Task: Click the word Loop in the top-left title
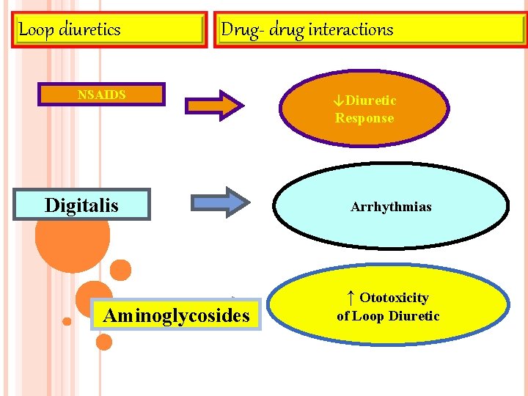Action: (34, 29)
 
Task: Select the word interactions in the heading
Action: (351, 29)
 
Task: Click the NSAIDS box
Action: (101, 95)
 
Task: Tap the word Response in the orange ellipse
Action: (364, 118)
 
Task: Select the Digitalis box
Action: (81, 205)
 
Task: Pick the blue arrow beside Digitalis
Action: (220, 202)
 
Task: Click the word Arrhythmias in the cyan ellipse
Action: (391, 207)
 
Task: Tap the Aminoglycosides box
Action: (176, 315)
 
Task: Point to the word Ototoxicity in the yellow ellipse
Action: (394, 298)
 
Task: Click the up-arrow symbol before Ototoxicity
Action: (351, 297)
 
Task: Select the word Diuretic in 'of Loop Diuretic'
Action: (414, 316)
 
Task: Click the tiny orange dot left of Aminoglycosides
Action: (67, 321)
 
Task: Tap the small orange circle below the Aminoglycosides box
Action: (104, 342)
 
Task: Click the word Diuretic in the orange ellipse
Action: (370, 100)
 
